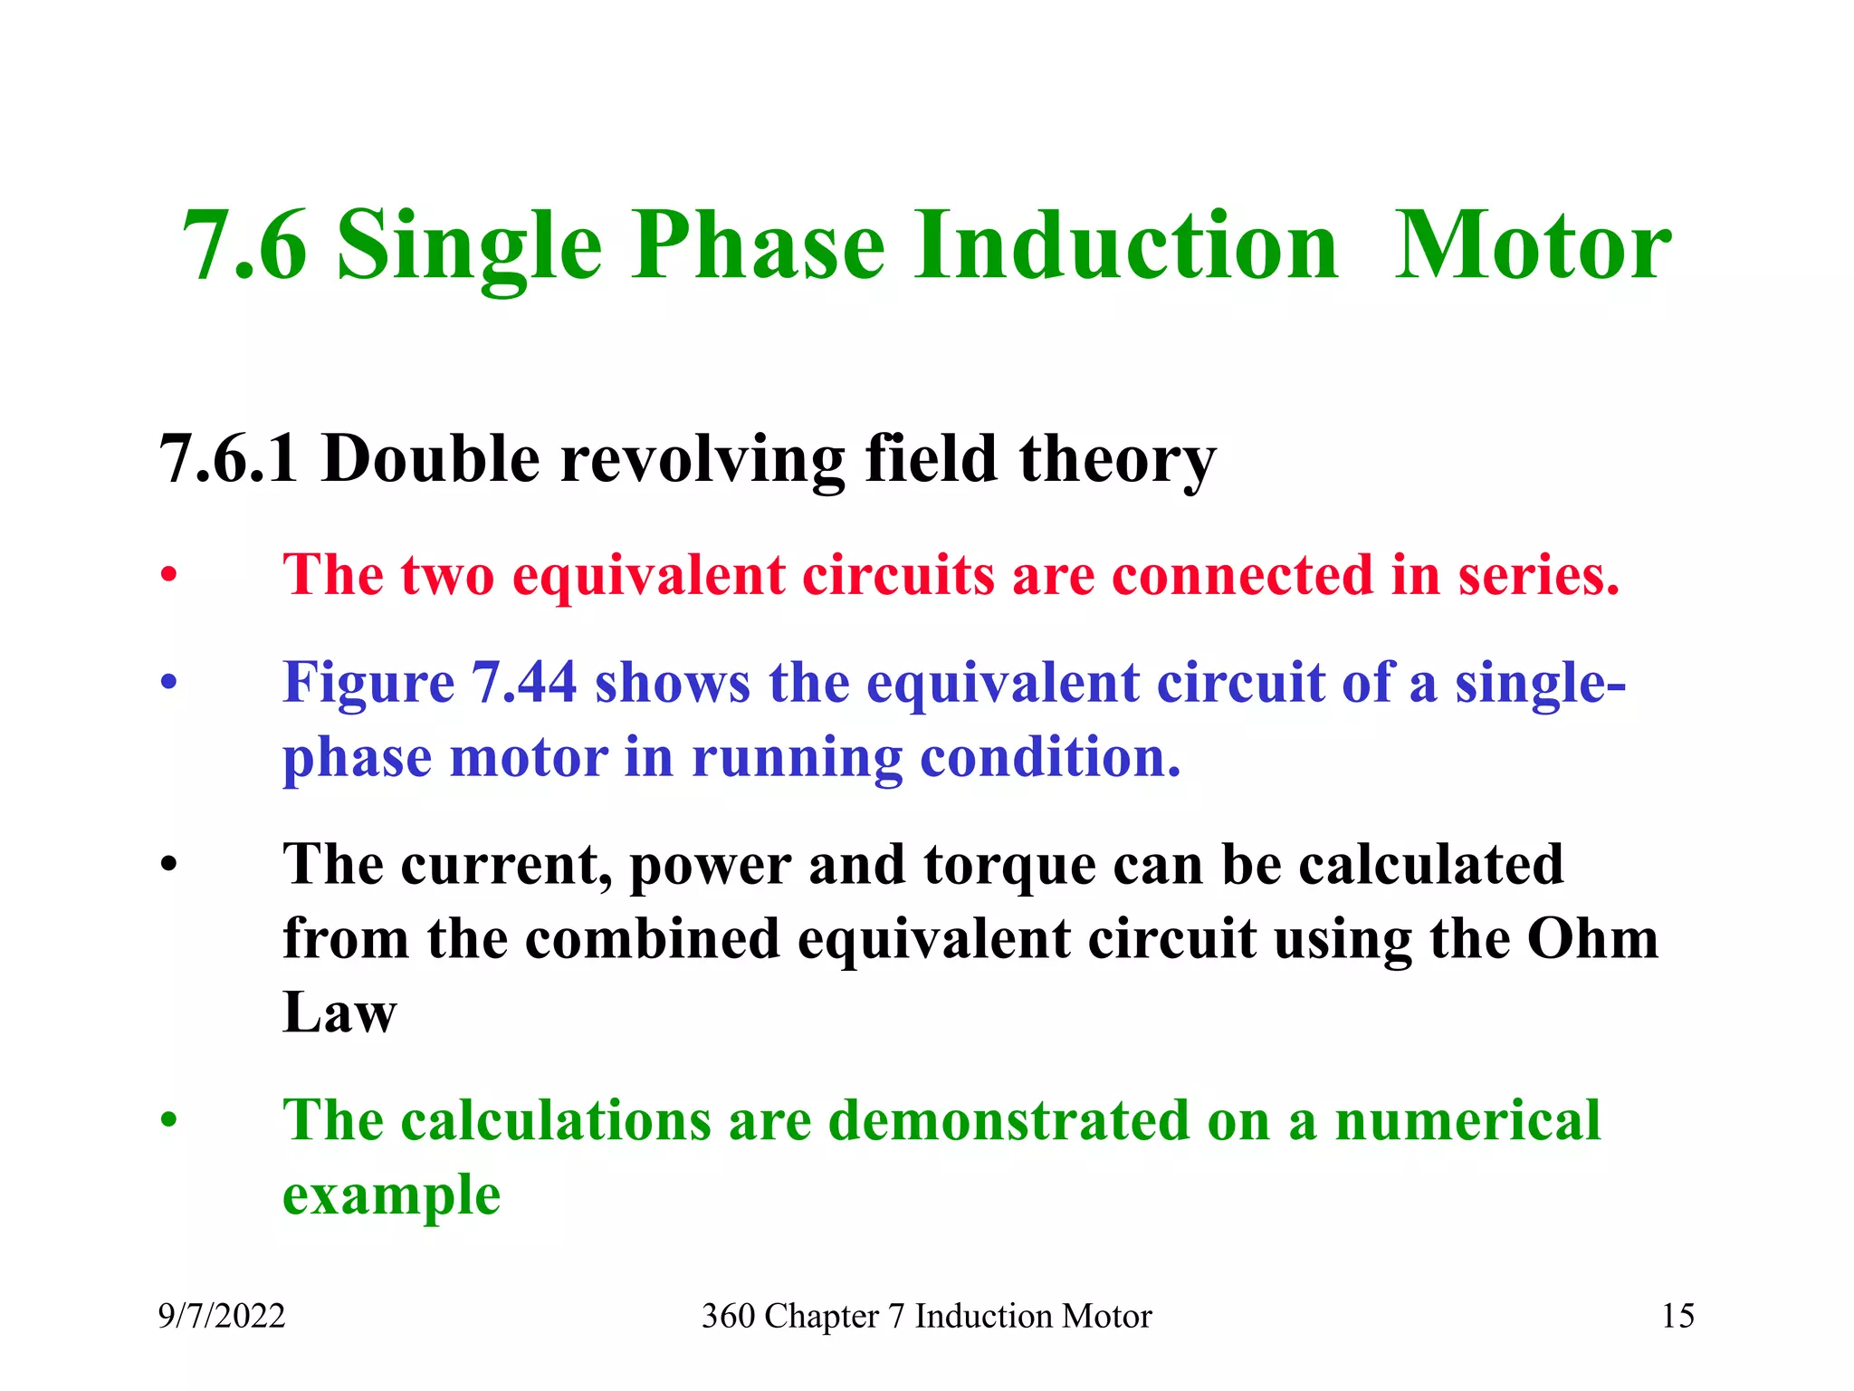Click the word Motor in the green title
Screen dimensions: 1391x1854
point(1533,246)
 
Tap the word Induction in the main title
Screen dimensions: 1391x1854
point(1125,246)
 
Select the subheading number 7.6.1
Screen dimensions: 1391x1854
point(229,459)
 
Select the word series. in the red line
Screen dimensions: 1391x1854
point(1538,575)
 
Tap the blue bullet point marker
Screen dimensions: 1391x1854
point(168,684)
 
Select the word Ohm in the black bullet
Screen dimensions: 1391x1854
point(1592,939)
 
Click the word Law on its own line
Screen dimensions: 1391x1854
point(339,1012)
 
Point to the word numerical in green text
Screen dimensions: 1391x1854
point(1467,1121)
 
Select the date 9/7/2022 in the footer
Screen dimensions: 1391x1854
point(222,1316)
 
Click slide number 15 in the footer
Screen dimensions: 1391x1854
point(1677,1316)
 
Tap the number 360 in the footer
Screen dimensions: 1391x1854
point(727,1316)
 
